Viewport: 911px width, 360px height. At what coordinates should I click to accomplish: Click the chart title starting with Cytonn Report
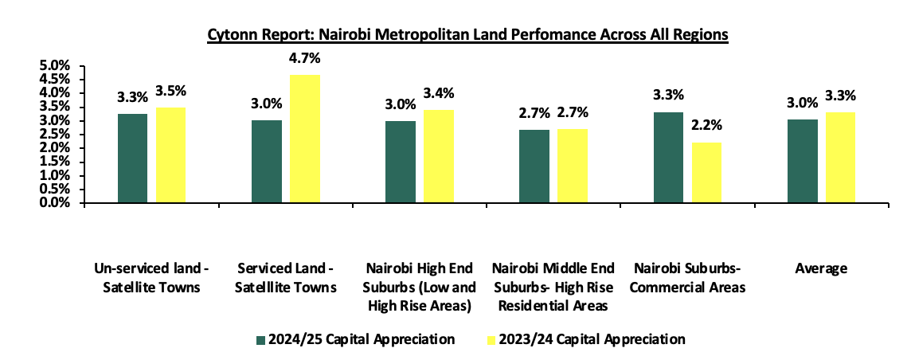(x=468, y=36)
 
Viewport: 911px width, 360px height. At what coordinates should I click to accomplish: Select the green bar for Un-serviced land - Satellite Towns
(x=132, y=158)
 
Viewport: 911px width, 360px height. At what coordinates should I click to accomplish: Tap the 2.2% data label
(x=705, y=126)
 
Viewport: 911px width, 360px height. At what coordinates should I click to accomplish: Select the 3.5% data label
(x=170, y=90)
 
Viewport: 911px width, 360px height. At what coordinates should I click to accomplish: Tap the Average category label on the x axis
(x=821, y=269)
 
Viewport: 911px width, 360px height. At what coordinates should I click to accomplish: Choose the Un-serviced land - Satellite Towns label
(x=151, y=279)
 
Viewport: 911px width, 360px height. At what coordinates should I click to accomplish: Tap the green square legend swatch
(x=260, y=340)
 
